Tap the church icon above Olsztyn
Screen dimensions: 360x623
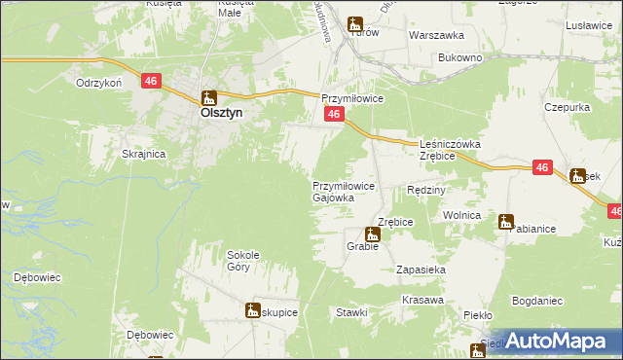[x=208, y=97]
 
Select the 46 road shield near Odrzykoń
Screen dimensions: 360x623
[x=151, y=82]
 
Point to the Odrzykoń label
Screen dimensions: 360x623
[x=96, y=84]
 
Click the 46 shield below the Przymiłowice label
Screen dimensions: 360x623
[x=333, y=115]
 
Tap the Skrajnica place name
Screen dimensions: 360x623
[x=143, y=155]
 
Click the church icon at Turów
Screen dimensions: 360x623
[x=356, y=24]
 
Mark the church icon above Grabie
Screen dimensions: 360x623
[x=372, y=234]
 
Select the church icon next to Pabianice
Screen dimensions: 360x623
[x=506, y=222]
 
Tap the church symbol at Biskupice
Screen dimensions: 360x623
[x=253, y=311]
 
